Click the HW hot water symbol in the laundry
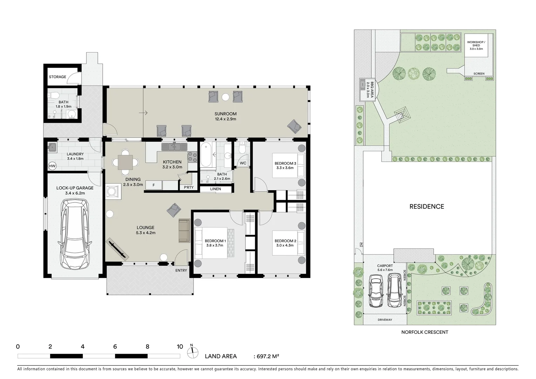point(52,166)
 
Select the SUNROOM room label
point(225,114)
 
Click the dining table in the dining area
point(125,162)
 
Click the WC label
point(243,163)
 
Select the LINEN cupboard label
point(216,189)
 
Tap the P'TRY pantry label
point(189,187)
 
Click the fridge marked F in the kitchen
point(153,185)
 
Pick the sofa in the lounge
point(184,231)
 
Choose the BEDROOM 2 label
point(285,241)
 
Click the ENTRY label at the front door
point(181,270)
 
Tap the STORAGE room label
point(57,77)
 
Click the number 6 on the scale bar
point(115,347)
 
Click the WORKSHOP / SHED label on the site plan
point(476,44)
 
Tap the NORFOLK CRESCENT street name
point(425,332)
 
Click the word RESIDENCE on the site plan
point(427,206)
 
